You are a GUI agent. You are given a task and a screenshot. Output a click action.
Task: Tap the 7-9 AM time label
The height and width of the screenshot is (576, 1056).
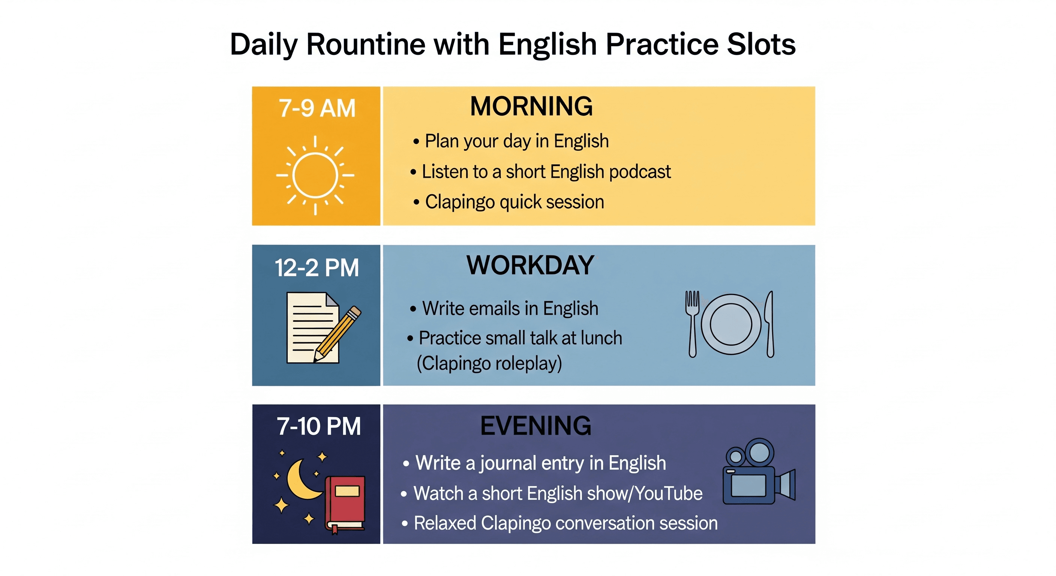pos(317,108)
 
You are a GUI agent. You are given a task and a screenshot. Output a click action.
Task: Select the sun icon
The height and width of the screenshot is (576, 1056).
pos(315,175)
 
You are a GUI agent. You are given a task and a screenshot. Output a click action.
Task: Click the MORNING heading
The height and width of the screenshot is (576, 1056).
pos(531,106)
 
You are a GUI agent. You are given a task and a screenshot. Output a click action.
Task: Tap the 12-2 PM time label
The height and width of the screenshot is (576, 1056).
pos(316,268)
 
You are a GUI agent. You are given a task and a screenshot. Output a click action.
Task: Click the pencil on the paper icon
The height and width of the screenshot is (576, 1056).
pos(337,334)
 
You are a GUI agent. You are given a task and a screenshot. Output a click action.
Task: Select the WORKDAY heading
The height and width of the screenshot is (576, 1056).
pos(531,265)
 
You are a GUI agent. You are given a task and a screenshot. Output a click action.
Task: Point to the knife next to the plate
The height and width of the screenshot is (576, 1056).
pos(770,324)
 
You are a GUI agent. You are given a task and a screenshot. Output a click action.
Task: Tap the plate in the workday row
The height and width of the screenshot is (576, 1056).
pos(731,324)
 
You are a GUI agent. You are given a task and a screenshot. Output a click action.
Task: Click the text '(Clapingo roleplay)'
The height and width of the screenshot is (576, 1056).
pos(489,363)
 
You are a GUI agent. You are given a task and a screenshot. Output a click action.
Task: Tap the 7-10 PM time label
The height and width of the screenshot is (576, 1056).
pos(318,426)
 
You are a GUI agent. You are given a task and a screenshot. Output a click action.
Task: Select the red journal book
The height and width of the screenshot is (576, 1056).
pos(345,505)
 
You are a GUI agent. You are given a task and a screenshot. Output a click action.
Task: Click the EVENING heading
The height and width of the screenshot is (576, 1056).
pos(536,426)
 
